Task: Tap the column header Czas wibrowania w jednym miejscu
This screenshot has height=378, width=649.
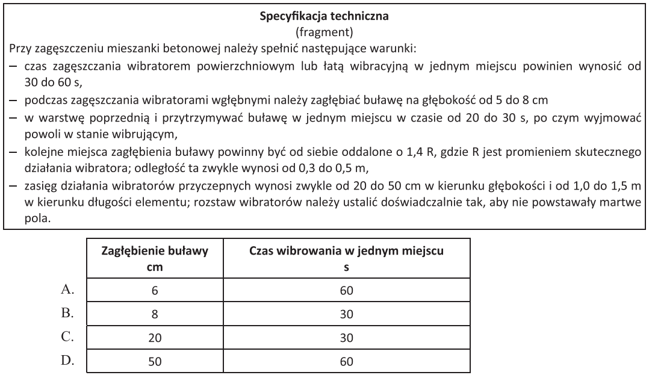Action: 346,252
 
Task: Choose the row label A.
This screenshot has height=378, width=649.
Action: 67,290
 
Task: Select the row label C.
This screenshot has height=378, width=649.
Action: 67,338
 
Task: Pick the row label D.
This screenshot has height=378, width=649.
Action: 67,361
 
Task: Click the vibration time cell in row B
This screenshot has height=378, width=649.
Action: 346,314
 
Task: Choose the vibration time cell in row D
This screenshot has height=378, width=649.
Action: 346,362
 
